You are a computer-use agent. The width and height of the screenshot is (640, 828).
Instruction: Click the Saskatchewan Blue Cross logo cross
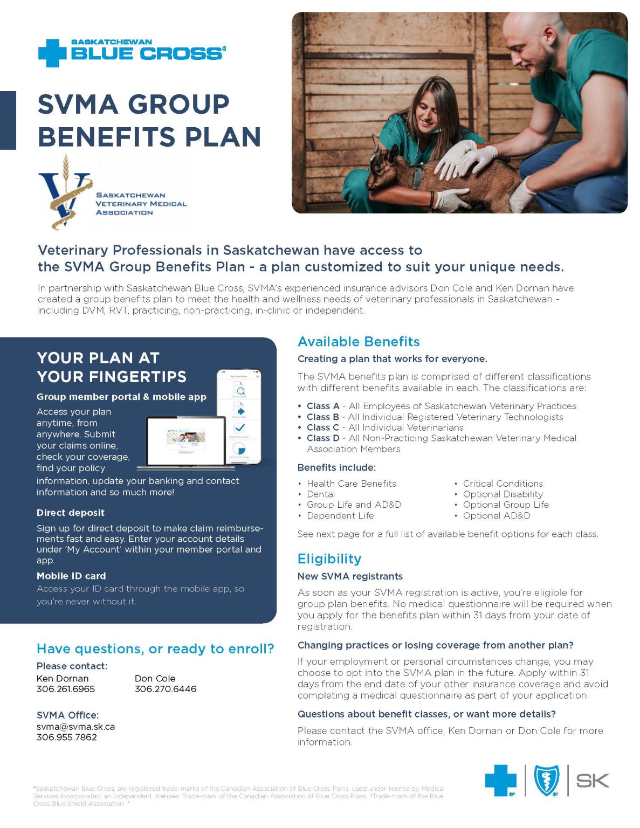click(52, 53)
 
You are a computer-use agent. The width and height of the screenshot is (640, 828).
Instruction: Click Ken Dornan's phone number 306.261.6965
click(66, 689)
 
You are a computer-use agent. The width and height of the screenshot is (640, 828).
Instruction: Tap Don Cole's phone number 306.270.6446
click(166, 689)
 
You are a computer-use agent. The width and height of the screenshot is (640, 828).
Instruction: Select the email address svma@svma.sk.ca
click(75, 726)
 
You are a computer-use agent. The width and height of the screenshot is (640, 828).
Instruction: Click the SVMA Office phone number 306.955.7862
click(67, 737)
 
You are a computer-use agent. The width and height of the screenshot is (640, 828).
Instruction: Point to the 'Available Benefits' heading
click(359, 342)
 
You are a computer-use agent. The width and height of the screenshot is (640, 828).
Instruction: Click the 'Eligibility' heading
click(329, 559)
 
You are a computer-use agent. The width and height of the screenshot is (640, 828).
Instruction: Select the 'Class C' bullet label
click(322, 427)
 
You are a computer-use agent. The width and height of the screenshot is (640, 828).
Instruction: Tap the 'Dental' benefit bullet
click(321, 494)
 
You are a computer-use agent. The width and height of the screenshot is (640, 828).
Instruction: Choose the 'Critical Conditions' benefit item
click(503, 484)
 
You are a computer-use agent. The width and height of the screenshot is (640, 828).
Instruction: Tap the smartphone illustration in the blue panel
click(239, 416)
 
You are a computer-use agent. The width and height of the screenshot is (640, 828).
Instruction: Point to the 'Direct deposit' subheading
click(71, 513)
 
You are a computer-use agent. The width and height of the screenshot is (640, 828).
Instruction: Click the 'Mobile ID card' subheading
click(71, 576)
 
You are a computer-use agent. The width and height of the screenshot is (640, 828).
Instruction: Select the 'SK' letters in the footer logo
click(592, 780)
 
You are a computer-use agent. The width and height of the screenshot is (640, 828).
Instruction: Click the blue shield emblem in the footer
click(546, 781)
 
